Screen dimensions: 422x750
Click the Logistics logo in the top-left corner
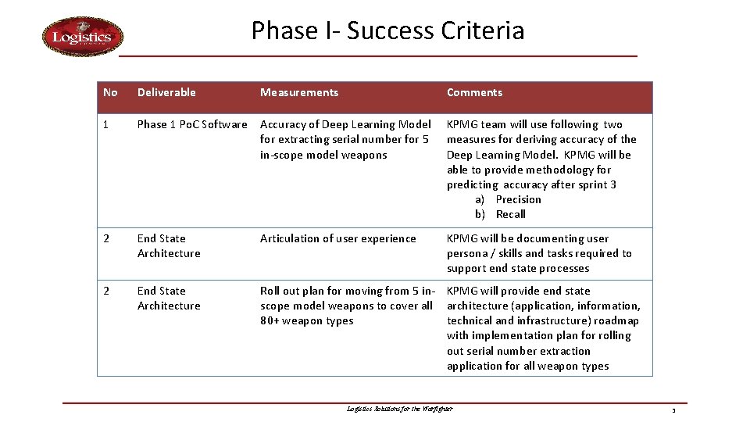point(82,38)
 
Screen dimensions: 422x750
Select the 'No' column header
point(110,92)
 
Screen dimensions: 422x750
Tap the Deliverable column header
point(166,92)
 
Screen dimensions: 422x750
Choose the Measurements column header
point(299,92)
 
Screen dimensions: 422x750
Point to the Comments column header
point(474,92)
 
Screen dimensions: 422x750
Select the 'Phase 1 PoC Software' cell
point(192,124)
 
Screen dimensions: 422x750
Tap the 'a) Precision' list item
point(508,199)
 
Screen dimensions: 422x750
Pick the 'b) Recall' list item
point(501,214)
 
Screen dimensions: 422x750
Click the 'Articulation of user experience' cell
point(337,238)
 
